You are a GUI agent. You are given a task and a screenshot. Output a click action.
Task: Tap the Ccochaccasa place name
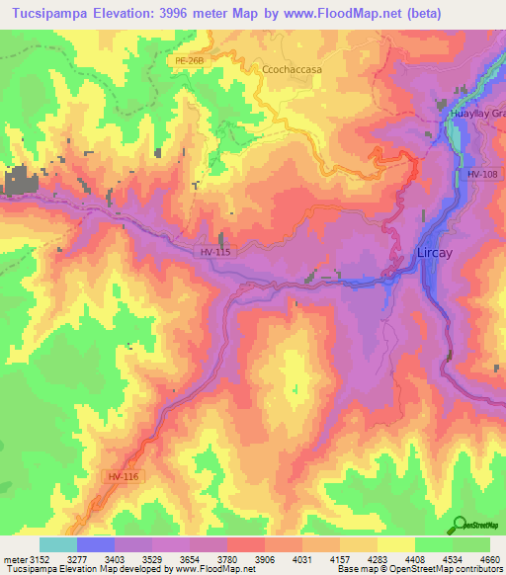(x=293, y=69)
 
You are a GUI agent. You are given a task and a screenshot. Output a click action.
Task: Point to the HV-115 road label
(x=216, y=252)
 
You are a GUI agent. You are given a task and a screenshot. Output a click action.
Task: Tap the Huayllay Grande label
(x=477, y=114)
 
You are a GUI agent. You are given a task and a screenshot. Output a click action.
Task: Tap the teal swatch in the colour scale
(x=57, y=544)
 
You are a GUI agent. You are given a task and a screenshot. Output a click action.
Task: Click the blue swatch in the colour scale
(x=95, y=544)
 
